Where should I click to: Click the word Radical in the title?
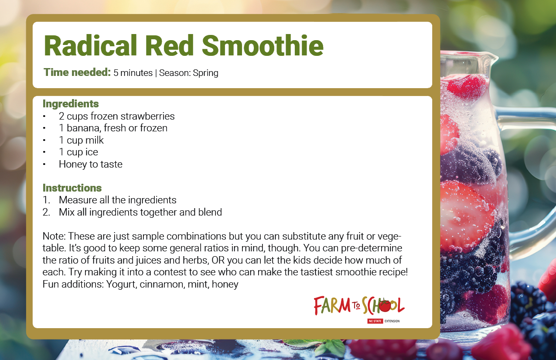click(x=90, y=45)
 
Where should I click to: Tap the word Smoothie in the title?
click(x=263, y=45)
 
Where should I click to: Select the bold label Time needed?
click(x=77, y=72)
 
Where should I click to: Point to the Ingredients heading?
click(x=71, y=104)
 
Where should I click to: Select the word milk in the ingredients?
click(x=94, y=140)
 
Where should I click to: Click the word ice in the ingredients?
click(x=92, y=152)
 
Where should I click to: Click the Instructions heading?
click(x=72, y=188)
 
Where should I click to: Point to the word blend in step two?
click(x=210, y=212)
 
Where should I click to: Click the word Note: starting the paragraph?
click(x=54, y=236)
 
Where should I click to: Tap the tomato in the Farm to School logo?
click(x=385, y=305)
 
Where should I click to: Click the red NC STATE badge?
click(x=375, y=321)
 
